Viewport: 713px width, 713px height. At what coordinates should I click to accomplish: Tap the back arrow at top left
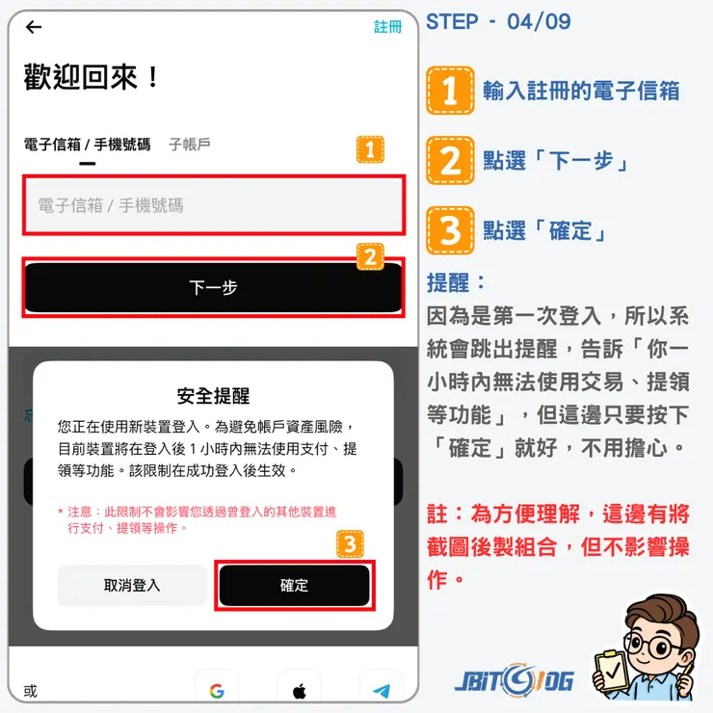(34, 27)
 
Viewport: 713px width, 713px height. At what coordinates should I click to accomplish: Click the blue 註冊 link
(387, 27)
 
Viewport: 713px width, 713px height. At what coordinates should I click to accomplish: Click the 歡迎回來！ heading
(92, 77)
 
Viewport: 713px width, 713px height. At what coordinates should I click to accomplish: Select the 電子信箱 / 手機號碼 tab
(87, 145)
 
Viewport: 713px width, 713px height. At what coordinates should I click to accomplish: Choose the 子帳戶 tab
(189, 145)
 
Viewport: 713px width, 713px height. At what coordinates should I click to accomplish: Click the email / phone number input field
(214, 205)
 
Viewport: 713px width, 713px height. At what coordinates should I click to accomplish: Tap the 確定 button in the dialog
(294, 585)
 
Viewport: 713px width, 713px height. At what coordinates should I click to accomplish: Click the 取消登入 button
(132, 585)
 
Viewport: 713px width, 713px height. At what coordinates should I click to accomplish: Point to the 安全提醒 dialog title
(213, 396)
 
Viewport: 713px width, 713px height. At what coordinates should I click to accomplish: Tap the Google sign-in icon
(216, 691)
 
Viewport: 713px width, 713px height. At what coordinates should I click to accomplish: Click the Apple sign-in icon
(299, 691)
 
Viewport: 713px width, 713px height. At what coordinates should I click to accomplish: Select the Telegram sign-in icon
(382, 691)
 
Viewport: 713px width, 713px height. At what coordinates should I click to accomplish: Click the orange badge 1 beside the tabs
(370, 150)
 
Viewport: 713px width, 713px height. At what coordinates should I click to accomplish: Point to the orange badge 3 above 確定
(351, 545)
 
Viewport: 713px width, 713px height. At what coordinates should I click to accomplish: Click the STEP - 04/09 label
(498, 21)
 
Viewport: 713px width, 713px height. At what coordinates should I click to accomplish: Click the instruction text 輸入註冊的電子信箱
(581, 91)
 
